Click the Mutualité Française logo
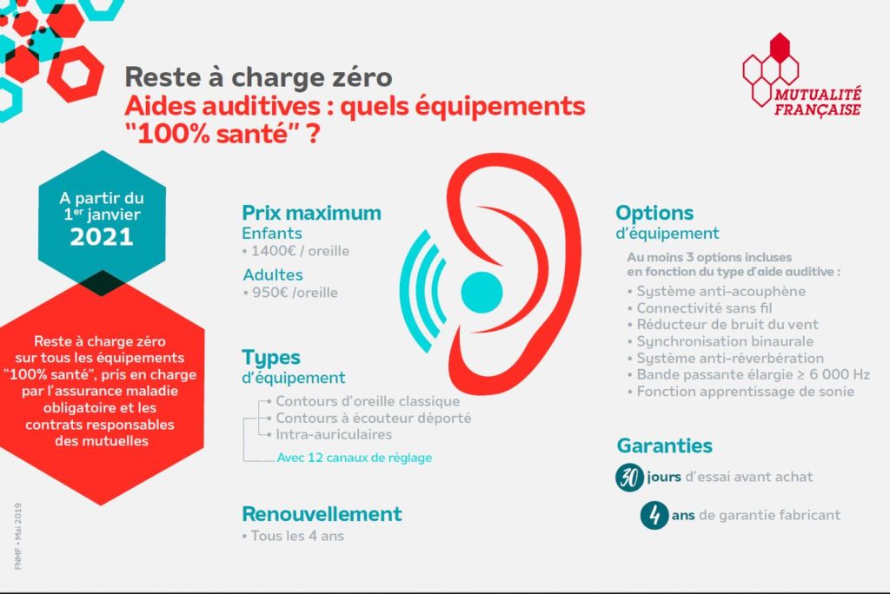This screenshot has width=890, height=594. coord(801,76)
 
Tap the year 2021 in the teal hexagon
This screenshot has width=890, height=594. coord(102,236)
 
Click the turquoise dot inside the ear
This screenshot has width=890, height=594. coord(482,292)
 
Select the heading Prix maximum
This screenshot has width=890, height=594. coord(312,213)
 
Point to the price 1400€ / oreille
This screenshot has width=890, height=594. coord(300,251)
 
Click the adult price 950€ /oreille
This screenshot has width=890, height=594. coord(296,293)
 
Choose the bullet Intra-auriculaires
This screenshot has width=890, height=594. coord(334,434)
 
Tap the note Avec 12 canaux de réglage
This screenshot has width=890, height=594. coord(355,458)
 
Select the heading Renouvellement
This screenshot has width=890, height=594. coord(322,514)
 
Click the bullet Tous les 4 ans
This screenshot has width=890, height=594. coord(297,536)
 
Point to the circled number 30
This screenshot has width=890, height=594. coord(629,477)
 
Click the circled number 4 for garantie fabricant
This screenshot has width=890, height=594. coord(654,515)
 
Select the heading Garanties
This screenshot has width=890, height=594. coord(665,445)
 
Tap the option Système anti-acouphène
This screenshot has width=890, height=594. coord(721,292)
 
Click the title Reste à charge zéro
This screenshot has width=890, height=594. coord(258,77)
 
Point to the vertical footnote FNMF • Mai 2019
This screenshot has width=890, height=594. coord(18,536)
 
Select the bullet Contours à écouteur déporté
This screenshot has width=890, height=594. coord(374,418)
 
